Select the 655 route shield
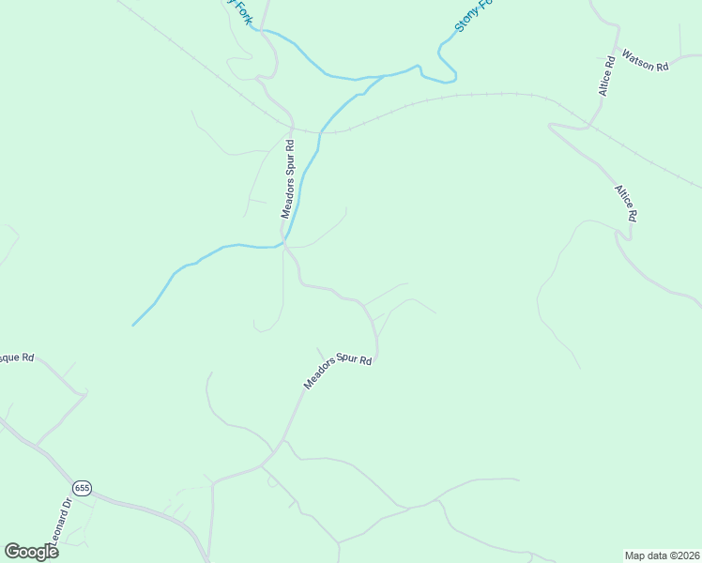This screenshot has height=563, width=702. coord(83,488)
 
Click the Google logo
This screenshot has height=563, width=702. coord(31,552)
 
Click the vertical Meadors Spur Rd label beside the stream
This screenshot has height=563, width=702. coord(288,179)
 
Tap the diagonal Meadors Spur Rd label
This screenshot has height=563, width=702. coord(338,372)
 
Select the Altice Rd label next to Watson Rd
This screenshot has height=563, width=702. coord(606,76)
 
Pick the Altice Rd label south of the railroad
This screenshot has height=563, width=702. coord(626,203)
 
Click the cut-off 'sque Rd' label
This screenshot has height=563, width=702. coord(16,358)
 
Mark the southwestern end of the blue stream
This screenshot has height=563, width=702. coord(133,326)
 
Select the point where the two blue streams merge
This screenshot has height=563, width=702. coord(383,76)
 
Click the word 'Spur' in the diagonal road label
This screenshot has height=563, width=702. coord(341,369)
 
